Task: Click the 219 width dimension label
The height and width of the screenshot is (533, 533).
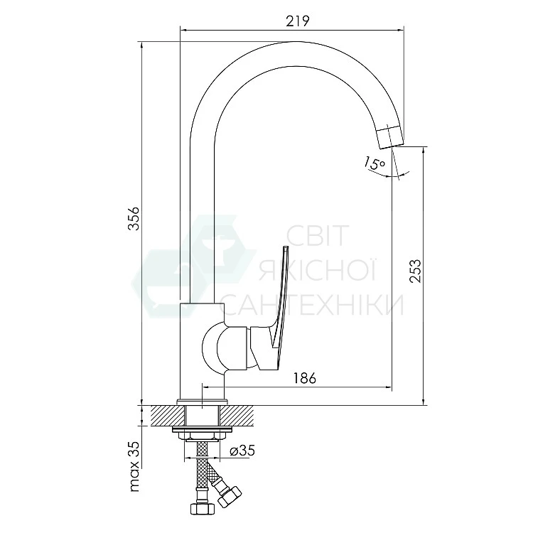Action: [x=298, y=21]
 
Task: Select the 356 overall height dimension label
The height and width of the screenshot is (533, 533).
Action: [x=134, y=218]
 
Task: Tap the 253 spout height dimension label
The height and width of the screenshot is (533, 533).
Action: [x=415, y=271]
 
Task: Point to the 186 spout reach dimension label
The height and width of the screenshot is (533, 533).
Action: [x=305, y=378]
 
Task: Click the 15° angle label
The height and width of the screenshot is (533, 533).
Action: [x=375, y=163]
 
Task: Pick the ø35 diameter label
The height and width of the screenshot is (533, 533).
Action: [x=242, y=451]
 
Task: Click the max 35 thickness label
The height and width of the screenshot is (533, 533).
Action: [x=134, y=466]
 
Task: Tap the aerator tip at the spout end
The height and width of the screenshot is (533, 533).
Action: [x=391, y=136]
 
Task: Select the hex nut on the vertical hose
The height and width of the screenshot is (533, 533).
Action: [x=203, y=509]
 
